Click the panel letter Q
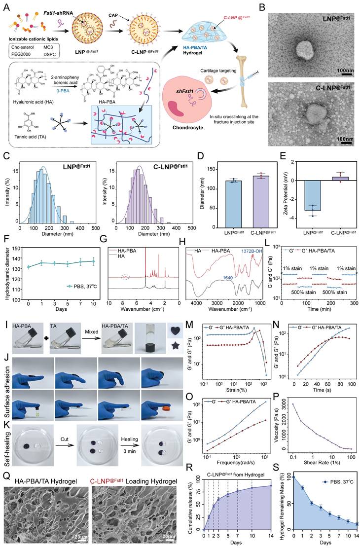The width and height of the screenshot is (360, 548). coord(5,462)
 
